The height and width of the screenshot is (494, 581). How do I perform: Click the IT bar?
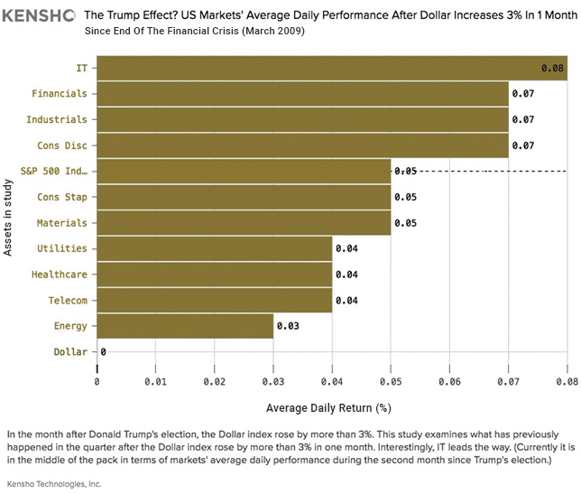pyautogui.click(x=331, y=68)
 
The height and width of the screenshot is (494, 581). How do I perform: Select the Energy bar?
pyautogui.click(x=185, y=325)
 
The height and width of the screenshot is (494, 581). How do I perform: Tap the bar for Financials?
pyautogui.click(x=302, y=94)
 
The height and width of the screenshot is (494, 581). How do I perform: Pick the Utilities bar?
pyautogui.click(x=214, y=248)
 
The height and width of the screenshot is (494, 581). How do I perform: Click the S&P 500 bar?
pyautogui.click(x=244, y=171)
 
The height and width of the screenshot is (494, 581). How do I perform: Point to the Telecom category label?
pyautogui.click(x=62, y=300)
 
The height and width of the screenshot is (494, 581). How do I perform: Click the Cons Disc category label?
pyautogui.click(x=61, y=145)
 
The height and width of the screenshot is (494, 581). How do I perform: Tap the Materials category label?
pyautogui.click(x=61, y=222)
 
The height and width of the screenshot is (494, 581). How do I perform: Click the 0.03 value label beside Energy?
pyautogui.click(x=287, y=325)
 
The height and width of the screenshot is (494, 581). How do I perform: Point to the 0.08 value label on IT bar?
pyautogui.click(x=553, y=68)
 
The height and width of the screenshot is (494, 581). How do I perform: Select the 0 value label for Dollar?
pyautogui.click(x=104, y=351)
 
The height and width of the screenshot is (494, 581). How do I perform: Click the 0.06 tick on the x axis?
pyautogui.click(x=449, y=380)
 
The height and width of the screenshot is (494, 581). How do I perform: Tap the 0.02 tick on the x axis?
pyautogui.click(x=214, y=380)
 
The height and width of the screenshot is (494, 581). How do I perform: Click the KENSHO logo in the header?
pyautogui.click(x=38, y=15)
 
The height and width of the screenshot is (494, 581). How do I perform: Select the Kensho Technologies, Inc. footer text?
pyautogui.click(x=51, y=484)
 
